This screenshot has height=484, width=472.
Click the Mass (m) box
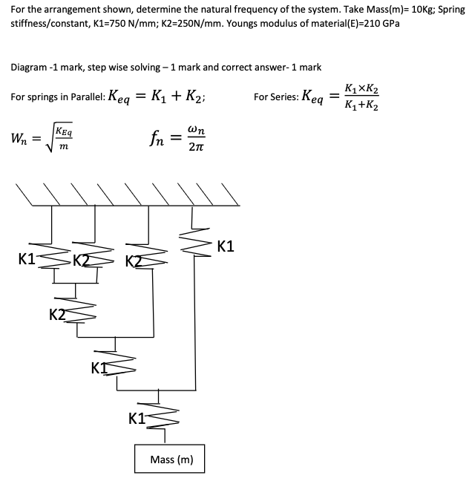coord(171,460)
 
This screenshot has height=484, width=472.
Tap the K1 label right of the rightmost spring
coord(226,246)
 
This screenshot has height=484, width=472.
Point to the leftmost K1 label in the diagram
coord(27,260)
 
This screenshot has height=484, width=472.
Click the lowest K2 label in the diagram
coord(57,314)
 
